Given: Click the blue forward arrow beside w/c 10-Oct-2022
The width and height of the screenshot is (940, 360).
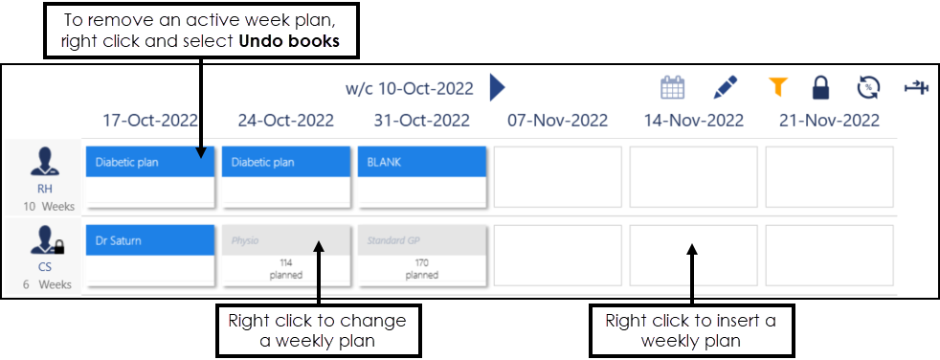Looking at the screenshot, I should pos(496,88).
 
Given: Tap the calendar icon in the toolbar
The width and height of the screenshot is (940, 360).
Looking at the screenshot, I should pos(674,88).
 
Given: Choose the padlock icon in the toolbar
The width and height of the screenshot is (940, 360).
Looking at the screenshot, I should pos(820,88).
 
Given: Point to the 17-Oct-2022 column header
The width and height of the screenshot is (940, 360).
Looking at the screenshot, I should pos(150,121).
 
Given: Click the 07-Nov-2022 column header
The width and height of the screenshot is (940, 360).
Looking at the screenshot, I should pos(558,121).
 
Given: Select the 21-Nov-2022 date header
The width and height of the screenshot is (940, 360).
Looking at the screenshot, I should pos(830,121).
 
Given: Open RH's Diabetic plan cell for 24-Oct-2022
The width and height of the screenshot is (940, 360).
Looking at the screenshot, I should pos(285,176).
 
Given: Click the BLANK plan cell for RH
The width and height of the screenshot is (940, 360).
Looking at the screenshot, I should pos(421,176).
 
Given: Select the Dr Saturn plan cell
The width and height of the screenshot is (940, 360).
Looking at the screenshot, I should pos(149,254).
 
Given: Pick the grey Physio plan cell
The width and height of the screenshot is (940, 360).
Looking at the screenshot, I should pos(285,254).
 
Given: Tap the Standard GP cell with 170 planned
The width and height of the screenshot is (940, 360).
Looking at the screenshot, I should pos(421,254).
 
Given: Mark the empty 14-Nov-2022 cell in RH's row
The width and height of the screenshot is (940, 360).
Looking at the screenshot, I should pos(693,176).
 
